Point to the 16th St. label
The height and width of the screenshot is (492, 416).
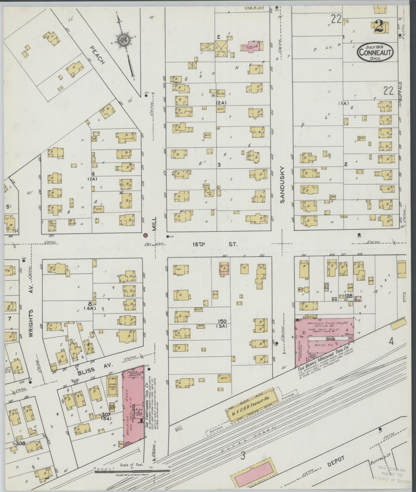point(215,244)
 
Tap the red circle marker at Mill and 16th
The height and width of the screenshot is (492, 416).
point(146,235)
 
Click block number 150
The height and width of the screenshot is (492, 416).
point(222,321)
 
